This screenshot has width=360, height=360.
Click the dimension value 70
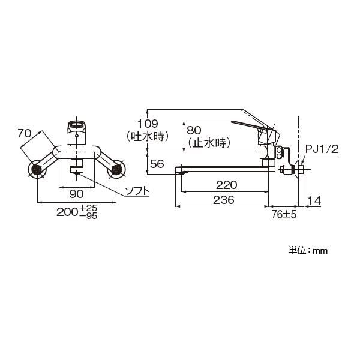pyautogui.click(x=24, y=134)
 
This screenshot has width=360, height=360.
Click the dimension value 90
pyautogui.click(x=76, y=194)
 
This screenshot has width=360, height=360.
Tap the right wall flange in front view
pyautogui.click(x=115, y=170)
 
